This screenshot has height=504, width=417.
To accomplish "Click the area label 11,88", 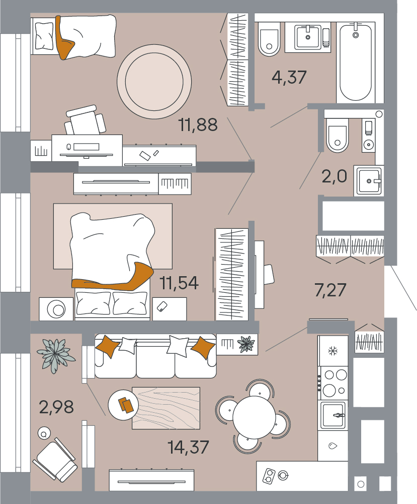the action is pyautogui.click(x=198, y=124).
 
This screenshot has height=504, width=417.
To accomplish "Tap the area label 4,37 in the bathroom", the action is pyautogui.click(x=289, y=78).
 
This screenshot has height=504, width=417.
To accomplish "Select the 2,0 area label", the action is pyautogui.click(x=334, y=176).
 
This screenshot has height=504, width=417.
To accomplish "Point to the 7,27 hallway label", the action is pyautogui.click(x=330, y=290).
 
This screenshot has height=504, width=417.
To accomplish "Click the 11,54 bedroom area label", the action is pyautogui.click(x=179, y=283).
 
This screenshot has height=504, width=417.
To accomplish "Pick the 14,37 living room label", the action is pyautogui.click(x=188, y=447).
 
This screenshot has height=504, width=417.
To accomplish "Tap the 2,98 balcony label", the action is pyautogui.click(x=56, y=407).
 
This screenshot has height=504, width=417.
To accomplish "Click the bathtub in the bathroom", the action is pyautogui.click(x=356, y=62).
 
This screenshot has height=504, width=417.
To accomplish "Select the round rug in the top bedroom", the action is pyautogui.click(x=154, y=82).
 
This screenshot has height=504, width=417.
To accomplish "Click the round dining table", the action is pyautogui.click(x=254, y=417).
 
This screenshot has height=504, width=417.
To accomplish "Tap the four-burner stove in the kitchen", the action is pyautogui.click(x=333, y=383).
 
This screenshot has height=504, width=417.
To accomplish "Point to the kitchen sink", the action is pyautogui.click(x=333, y=415).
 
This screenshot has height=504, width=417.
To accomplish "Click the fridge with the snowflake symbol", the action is pyautogui.click(x=333, y=351).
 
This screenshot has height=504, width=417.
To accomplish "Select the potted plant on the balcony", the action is pyautogui.click(x=56, y=355).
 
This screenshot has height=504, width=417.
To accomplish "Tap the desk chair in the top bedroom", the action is pyautogui.click(x=85, y=121).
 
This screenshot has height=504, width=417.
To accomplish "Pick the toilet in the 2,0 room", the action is pyautogui.click(x=337, y=135).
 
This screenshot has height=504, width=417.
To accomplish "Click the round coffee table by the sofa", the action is pyautogui.click(x=123, y=405).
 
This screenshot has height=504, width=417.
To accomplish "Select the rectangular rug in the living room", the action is pyautogui.click(x=166, y=408).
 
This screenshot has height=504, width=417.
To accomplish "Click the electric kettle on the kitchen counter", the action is pyautogui.click(x=283, y=475).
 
